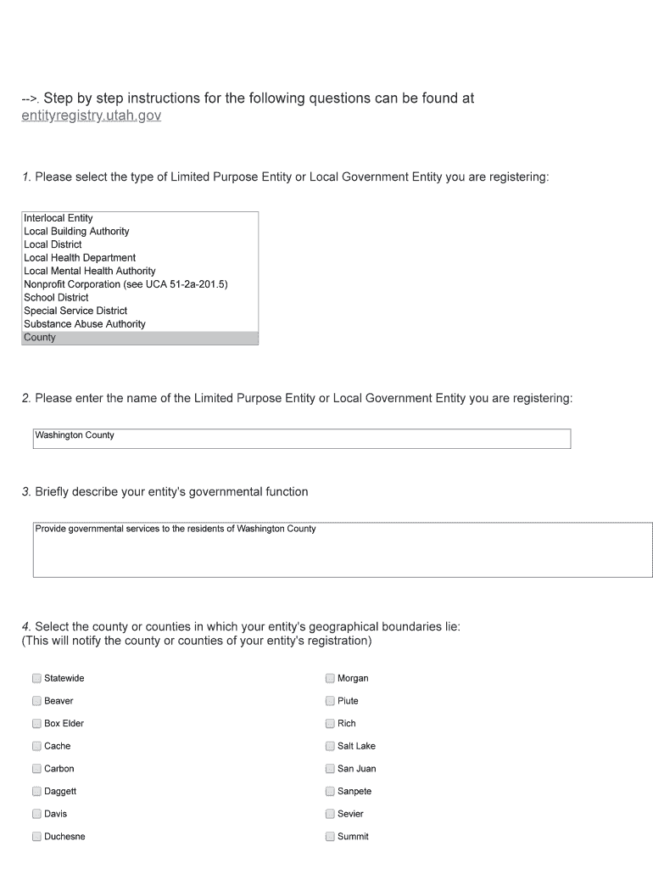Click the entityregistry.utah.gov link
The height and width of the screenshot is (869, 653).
pos(91,115)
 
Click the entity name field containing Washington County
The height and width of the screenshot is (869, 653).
pos(301,438)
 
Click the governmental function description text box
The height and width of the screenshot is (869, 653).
pos(343,550)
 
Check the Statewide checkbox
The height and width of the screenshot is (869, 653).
pos(36,678)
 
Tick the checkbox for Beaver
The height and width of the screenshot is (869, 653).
pos(36,701)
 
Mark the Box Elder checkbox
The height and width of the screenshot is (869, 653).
pos(36,724)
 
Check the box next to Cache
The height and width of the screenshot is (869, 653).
pos(36,746)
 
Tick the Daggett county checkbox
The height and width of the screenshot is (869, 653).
pos(36,791)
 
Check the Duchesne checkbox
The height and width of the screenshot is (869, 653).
pos(36,836)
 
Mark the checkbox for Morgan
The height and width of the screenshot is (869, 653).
pos(330,678)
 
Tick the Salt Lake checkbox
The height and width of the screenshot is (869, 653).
pos(330,746)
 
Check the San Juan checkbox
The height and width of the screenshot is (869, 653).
pos(330,769)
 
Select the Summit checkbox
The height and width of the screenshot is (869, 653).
pos(330,836)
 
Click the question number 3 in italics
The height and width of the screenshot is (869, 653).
pos(26,492)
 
